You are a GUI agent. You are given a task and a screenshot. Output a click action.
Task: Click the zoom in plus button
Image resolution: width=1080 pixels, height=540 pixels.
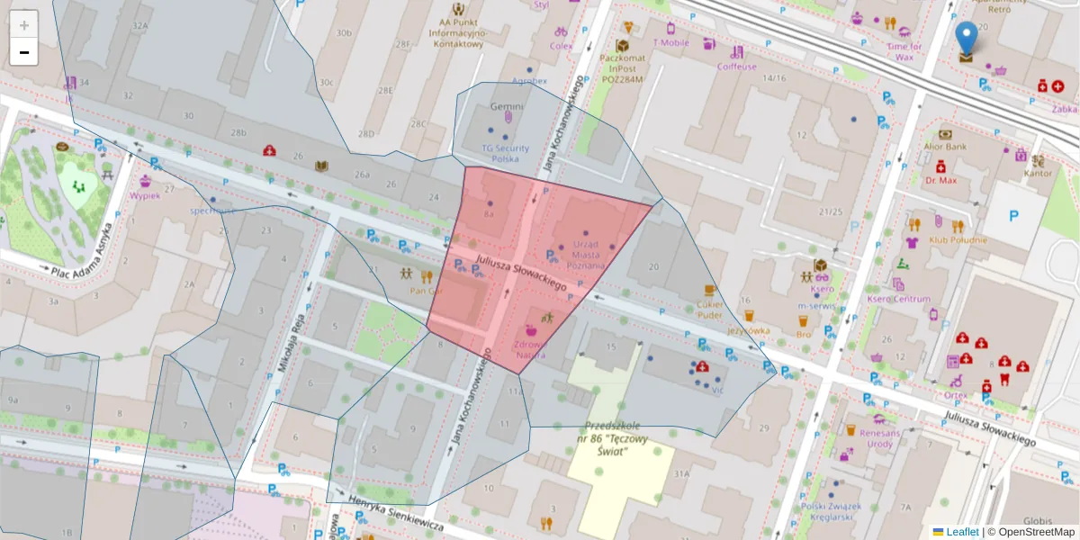(x=24, y=25)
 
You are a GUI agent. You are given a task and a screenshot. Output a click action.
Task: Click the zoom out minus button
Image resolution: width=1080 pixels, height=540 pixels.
(x=24, y=52)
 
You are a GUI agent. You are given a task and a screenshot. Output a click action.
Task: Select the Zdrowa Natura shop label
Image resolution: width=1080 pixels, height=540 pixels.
(x=530, y=349)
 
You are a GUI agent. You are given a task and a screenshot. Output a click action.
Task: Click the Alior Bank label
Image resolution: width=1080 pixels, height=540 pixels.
(x=945, y=146)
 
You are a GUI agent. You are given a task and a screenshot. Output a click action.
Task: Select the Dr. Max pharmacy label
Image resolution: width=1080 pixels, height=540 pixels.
(x=940, y=180)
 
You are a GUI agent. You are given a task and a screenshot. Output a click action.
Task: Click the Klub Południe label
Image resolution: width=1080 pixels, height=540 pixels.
(x=958, y=240)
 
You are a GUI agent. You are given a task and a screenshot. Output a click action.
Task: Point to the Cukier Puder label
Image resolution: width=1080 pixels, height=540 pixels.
(x=709, y=310)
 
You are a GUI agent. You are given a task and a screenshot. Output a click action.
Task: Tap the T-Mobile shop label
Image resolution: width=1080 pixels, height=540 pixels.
(x=670, y=42)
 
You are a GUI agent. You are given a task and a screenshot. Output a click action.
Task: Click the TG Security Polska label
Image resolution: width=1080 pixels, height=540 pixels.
(x=507, y=153)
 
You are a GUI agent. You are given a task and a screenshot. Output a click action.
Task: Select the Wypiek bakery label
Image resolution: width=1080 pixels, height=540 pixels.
(x=144, y=194)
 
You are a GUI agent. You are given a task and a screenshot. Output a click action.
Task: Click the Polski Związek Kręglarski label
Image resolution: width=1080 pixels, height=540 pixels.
(x=830, y=510)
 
